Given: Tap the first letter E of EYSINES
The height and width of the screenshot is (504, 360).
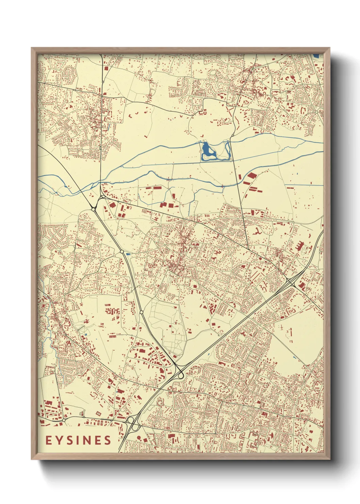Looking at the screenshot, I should point(49,440).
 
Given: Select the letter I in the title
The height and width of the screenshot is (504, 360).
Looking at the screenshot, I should point(78,440).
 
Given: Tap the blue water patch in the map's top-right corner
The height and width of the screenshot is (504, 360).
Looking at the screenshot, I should point(316,56).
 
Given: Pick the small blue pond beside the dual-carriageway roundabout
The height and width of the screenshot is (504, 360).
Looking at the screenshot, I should point(128,254).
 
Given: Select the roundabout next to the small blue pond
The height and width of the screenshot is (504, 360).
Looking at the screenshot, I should point(122,252).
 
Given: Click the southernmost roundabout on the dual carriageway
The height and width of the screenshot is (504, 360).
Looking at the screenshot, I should point(141,312).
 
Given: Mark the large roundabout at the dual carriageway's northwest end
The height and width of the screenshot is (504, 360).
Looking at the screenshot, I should point(93,209).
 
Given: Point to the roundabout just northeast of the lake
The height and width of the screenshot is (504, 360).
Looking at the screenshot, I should point(232,136).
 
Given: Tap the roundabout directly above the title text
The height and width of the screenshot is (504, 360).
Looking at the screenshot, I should point(64,421).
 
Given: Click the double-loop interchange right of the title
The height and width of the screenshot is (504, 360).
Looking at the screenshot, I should point(133,424).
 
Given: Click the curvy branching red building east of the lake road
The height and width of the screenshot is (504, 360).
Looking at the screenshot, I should point(257,232).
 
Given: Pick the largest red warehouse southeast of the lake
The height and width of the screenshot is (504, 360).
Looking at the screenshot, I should point(251,176).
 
